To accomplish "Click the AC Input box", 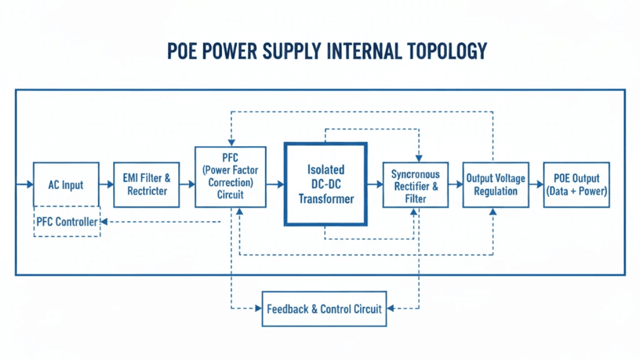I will pyautogui.click(x=66, y=185).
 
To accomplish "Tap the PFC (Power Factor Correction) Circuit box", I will pyautogui.click(x=230, y=177).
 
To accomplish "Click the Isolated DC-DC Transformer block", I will pyautogui.click(x=325, y=184).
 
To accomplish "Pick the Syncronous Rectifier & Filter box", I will pyautogui.click(x=415, y=185).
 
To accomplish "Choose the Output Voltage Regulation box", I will pyautogui.click(x=495, y=185).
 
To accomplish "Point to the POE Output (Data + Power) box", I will pyautogui.click(x=575, y=185).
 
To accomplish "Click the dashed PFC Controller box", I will pyautogui.click(x=67, y=221).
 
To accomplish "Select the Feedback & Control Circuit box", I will pyautogui.click(x=324, y=309).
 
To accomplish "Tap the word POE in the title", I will pyautogui.click(x=183, y=51).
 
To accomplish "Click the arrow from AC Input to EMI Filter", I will pyautogui.click(x=107, y=185).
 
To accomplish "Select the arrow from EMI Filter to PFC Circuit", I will pyautogui.click(x=188, y=185).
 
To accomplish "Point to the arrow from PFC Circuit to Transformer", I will pyautogui.click(x=275, y=185).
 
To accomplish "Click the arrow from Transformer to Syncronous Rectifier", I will pyautogui.click(x=375, y=185).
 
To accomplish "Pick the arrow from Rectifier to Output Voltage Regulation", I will pyautogui.click(x=455, y=185).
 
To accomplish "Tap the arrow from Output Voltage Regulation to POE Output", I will pyautogui.click(x=536, y=185).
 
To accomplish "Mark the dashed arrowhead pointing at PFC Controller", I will pyautogui.click(x=105, y=221).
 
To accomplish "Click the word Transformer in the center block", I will pyautogui.click(x=326, y=199).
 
